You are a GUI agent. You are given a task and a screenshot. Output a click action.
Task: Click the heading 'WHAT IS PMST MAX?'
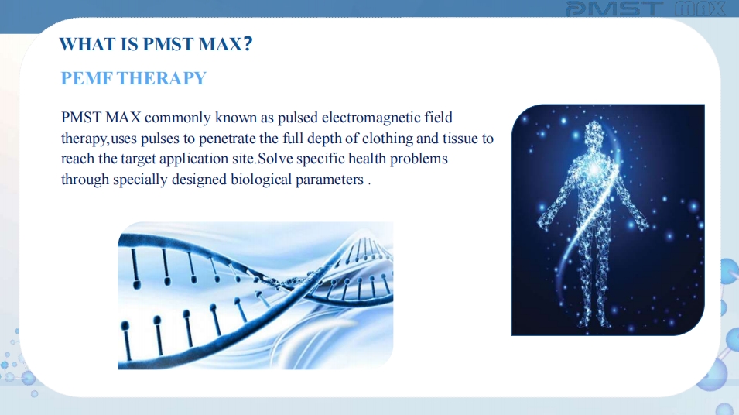pyautogui.click(x=156, y=44)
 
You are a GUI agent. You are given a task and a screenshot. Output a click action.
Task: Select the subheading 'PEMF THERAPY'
pyautogui.click(x=134, y=78)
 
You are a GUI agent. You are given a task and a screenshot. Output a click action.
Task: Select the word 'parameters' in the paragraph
pyautogui.click(x=330, y=180)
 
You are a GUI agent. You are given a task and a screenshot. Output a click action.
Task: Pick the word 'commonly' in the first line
pyautogui.click(x=178, y=118)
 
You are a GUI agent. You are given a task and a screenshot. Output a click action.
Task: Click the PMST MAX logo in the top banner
pyautogui.click(x=645, y=9)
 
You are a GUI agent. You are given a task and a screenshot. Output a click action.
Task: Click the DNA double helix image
pyautogui.click(x=255, y=296)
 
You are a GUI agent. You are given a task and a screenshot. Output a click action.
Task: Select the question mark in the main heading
pyautogui.click(x=248, y=44)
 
